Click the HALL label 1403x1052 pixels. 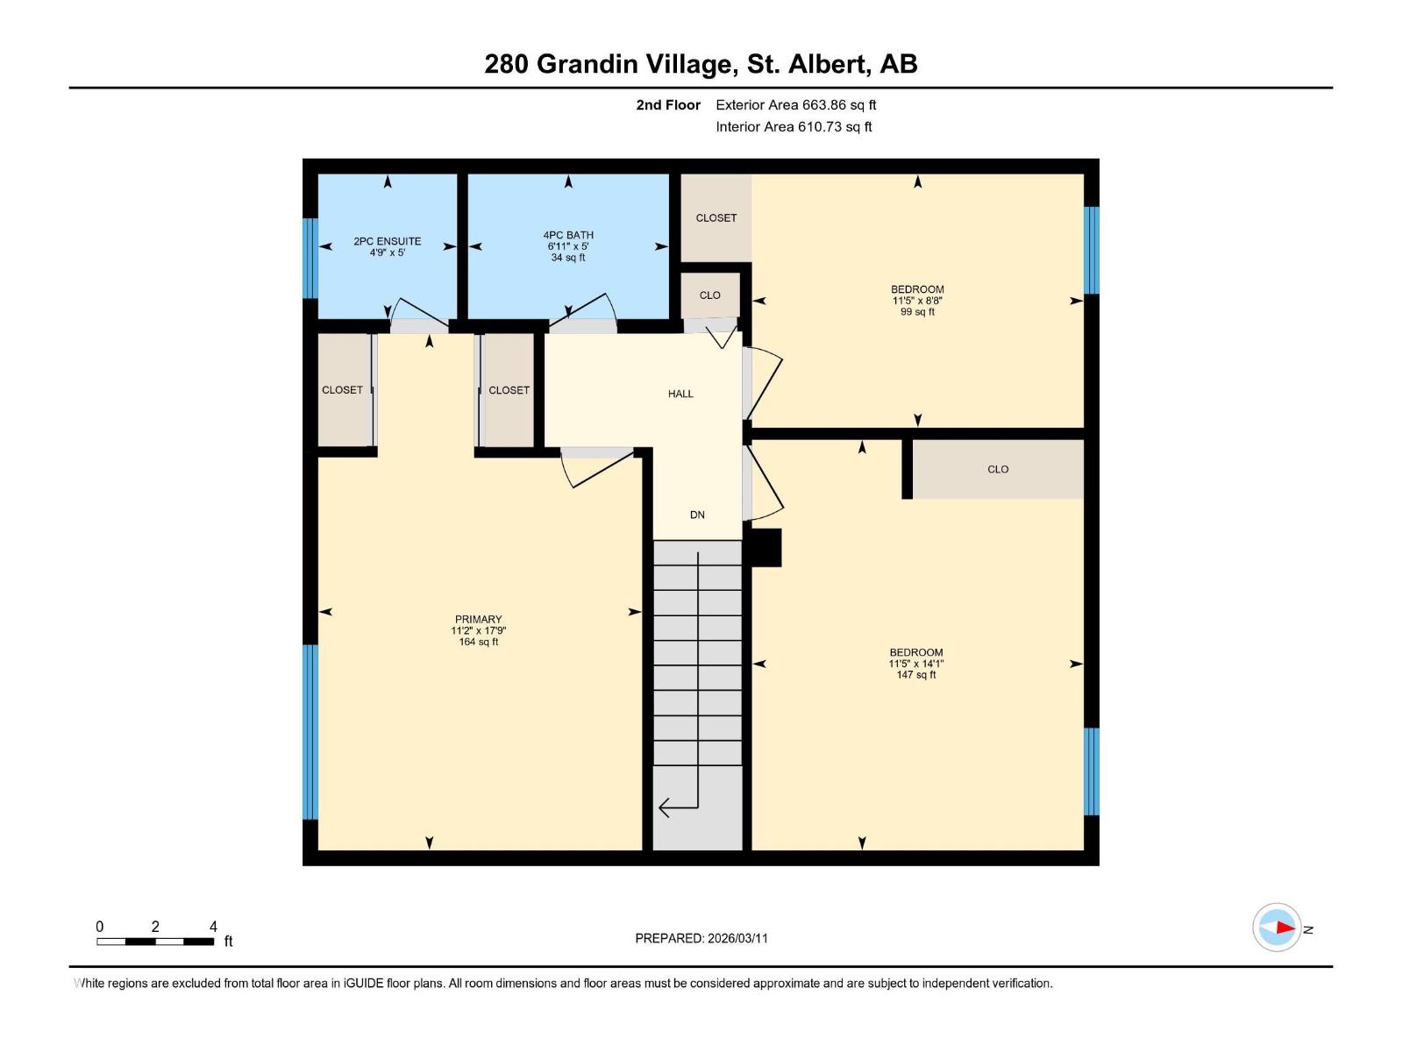coord(680,394)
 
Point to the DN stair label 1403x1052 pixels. coord(697,515)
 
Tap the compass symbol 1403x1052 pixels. coord(1277,928)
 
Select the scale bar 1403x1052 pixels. coord(155,942)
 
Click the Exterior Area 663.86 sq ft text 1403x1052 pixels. coord(795,104)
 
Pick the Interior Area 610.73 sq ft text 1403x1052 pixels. coord(794,126)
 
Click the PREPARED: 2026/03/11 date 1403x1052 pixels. coord(701,938)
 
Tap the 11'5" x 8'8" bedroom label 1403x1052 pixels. coord(917,300)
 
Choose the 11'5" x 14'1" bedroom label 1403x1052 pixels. coord(916,664)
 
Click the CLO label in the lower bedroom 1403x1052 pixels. coord(998,469)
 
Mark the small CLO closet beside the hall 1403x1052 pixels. coord(710,295)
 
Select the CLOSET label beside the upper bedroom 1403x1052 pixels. coord(716,217)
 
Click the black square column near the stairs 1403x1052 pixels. coord(764,548)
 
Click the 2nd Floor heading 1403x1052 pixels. coord(668,105)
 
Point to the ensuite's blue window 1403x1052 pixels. coord(310,258)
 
